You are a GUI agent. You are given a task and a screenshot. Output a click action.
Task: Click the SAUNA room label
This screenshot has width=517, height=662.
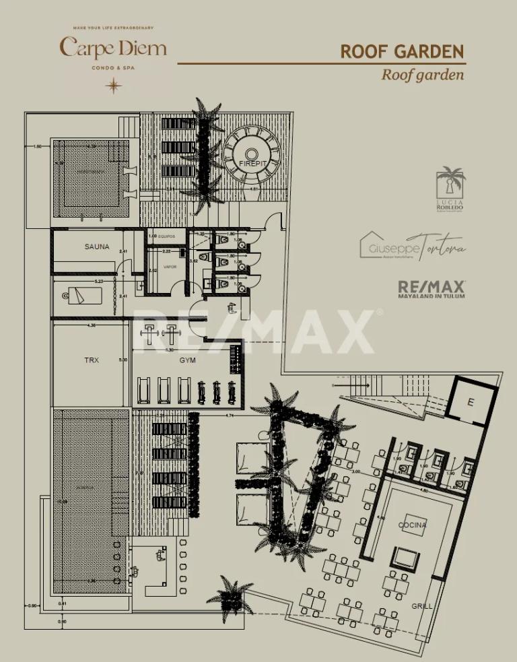(x=97, y=246)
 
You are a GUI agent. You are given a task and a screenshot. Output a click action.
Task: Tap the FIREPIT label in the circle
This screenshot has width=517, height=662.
(x=253, y=164)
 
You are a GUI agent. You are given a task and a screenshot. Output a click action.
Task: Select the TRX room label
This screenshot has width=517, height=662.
(x=92, y=360)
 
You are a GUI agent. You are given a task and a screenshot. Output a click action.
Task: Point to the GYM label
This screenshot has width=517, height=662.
(x=187, y=360)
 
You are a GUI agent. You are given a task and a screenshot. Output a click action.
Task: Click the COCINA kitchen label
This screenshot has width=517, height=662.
(x=413, y=525)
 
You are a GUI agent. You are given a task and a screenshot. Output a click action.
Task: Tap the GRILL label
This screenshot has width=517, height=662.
(x=422, y=606)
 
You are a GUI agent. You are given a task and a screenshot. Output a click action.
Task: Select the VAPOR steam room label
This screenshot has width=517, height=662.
(x=170, y=267)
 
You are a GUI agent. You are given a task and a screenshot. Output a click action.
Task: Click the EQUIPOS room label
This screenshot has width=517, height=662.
(x=167, y=236)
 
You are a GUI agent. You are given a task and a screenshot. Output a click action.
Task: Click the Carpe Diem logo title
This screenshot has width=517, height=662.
(x=113, y=48)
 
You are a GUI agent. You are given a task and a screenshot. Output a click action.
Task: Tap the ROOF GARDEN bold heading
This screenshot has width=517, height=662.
(x=402, y=52)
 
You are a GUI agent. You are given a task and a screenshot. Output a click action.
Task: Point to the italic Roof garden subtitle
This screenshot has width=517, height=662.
(x=422, y=74)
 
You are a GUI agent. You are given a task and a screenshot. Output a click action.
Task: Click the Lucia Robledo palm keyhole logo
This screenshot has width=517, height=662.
(x=450, y=189)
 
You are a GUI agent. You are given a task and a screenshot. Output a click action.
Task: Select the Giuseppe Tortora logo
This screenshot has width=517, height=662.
(x=411, y=244)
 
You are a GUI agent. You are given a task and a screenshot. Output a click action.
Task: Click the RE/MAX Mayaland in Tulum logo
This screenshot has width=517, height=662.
(x=432, y=289)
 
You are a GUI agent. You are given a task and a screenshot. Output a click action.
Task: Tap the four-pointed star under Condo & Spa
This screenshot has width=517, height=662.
(x=113, y=86)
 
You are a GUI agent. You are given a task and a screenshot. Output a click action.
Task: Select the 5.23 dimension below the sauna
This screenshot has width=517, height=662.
(x=99, y=281)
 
